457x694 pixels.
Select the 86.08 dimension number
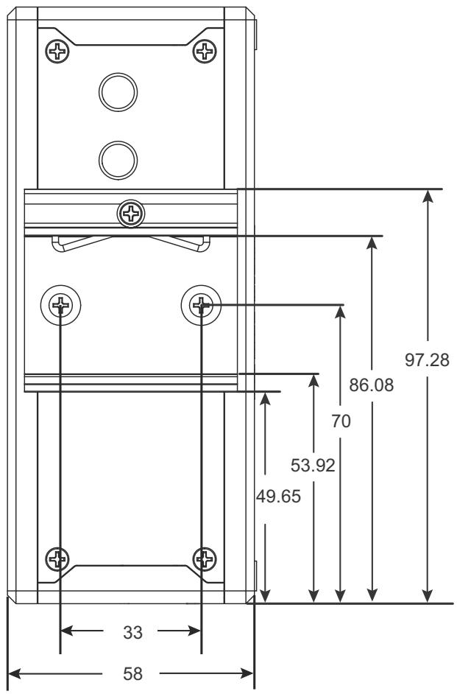371,385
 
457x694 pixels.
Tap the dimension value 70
341,421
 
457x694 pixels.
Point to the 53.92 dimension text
313,465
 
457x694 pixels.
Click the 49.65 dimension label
278,497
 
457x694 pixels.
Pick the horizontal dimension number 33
132,633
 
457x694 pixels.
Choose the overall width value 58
132,674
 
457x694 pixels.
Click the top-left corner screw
57,52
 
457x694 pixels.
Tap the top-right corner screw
205,52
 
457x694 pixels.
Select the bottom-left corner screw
57,559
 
